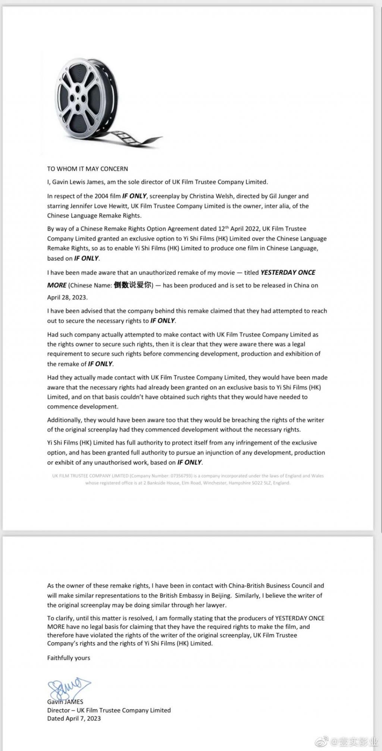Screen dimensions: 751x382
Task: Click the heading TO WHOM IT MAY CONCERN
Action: pos(87,169)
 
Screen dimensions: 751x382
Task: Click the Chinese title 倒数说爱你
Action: pos(133,285)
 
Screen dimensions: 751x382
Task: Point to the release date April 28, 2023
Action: pos(67,297)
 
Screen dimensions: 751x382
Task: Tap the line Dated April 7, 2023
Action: pos(74,719)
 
